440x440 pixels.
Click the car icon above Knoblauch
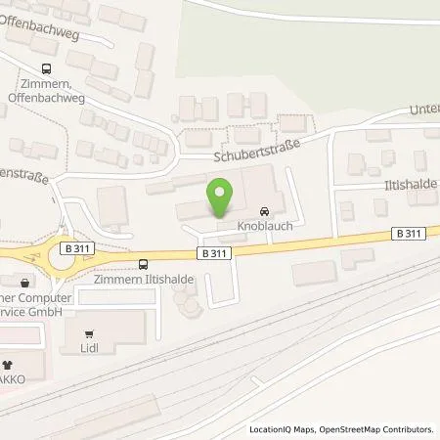264,211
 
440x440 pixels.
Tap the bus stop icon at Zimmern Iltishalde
145,263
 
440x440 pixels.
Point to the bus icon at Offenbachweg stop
46,68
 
